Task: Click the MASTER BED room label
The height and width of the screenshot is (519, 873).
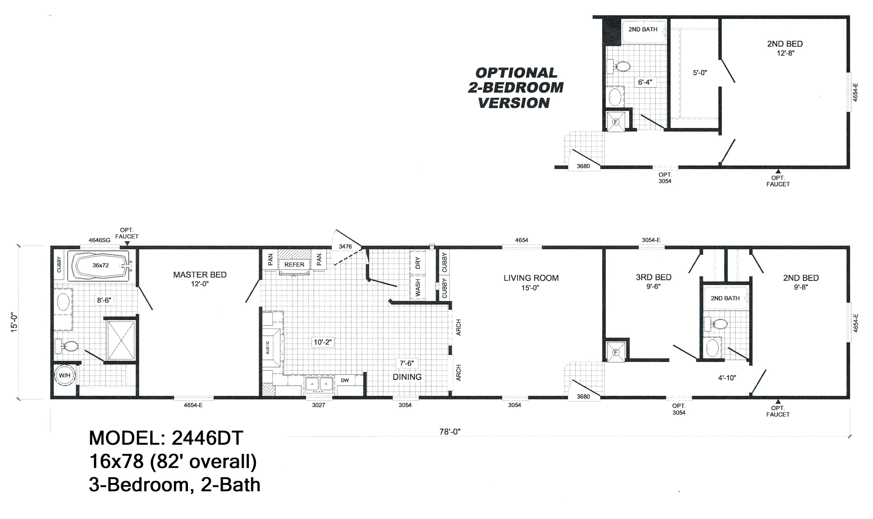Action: click(x=200, y=275)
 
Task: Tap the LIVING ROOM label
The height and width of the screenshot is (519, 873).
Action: click(x=531, y=278)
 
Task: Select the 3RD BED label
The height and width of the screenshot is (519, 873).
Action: click(x=653, y=277)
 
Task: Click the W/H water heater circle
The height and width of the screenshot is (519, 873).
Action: click(x=65, y=375)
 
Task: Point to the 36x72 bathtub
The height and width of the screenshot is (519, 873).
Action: click(x=101, y=265)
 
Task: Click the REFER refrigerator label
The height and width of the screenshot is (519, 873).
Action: click(x=294, y=265)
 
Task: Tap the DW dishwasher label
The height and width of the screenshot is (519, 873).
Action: click(x=345, y=380)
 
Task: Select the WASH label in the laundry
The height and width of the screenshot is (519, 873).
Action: click(x=418, y=288)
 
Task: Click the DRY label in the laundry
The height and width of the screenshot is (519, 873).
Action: click(x=418, y=263)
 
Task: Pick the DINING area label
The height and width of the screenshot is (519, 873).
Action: click(x=407, y=377)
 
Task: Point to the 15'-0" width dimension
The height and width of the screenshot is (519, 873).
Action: click(x=14, y=322)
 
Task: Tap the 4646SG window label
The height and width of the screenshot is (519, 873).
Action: click(x=99, y=240)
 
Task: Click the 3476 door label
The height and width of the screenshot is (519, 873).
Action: click(x=345, y=247)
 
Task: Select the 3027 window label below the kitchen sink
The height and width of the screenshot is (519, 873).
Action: click(x=319, y=405)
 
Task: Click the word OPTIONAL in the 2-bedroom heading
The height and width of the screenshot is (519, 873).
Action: click(x=516, y=73)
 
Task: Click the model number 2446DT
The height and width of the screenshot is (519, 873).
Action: click(x=207, y=438)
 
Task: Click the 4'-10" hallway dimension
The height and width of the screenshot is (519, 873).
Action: click(x=727, y=378)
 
